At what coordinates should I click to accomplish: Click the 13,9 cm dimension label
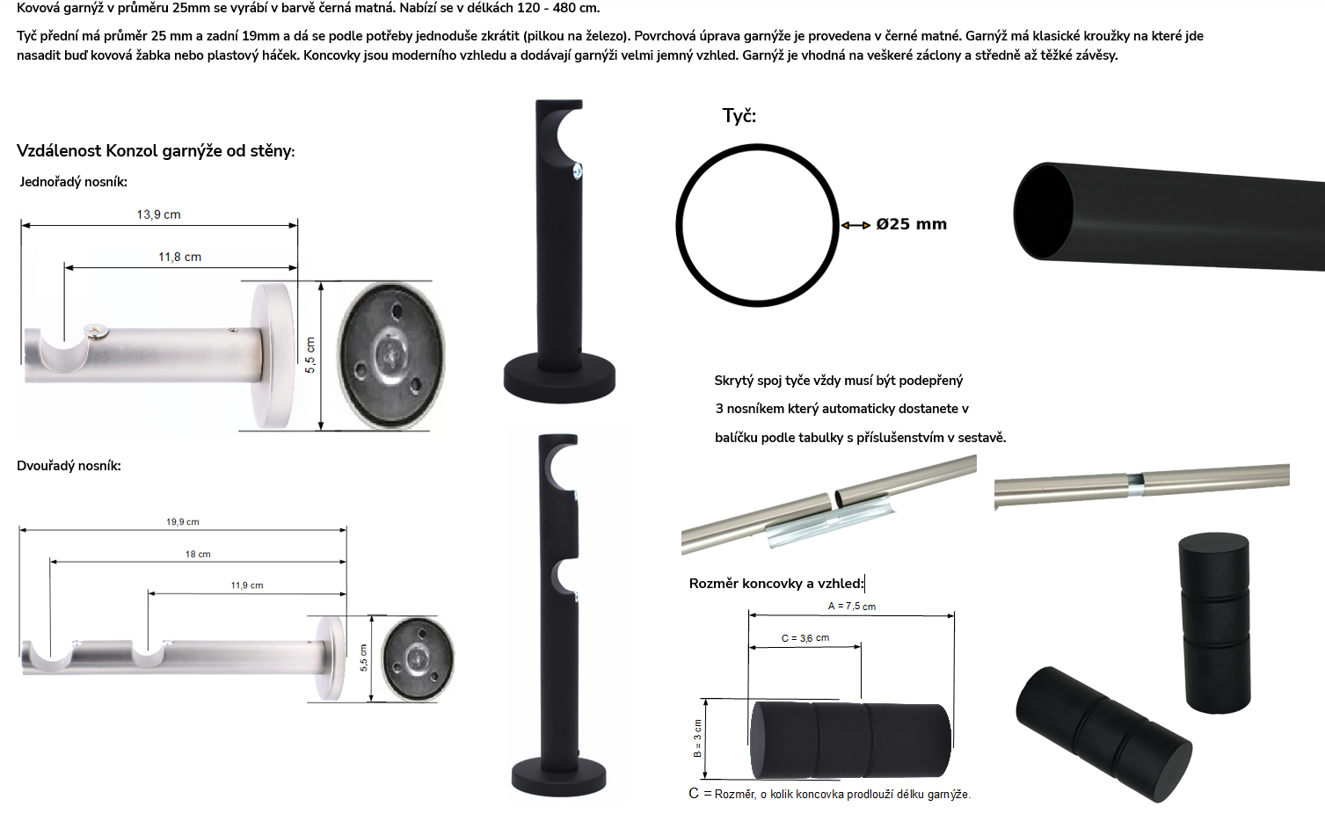tap(158, 214)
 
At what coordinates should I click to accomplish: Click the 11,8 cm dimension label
tap(180, 258)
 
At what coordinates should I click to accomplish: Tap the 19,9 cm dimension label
tap(183, 522)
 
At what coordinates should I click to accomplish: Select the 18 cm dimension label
tap(198, 555)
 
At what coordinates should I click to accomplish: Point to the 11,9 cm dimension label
tap(247, 585)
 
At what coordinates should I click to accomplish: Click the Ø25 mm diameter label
tap(912, 224)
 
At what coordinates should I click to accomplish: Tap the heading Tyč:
tap(739, 115)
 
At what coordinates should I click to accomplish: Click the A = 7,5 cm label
tap(852, 607)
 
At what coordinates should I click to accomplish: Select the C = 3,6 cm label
tap(805, 638)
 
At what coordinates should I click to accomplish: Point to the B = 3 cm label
tap(697, 738)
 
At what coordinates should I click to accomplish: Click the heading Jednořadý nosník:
tap(73, 182)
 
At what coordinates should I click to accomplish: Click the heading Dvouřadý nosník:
tap(69, 466)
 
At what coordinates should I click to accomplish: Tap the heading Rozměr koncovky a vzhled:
tap(776, 584)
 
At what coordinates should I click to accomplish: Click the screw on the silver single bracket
tap(96, 332)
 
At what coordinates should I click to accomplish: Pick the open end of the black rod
tap(1044, 211)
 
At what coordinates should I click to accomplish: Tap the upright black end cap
tap(1216, 623)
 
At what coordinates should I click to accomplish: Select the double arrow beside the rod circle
tap(855, 225)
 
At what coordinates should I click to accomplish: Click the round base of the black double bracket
tap(559, 776)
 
